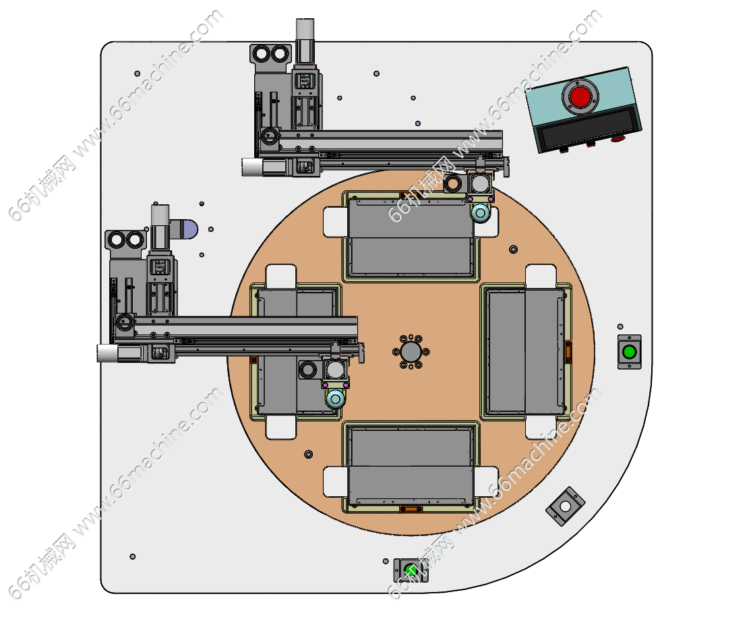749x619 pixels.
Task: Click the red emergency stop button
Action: pos(580,97)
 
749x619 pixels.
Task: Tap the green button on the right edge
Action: pos(629,352)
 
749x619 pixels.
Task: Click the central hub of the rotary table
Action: pos(411,352)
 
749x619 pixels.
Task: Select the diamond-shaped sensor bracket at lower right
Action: pos(566,506)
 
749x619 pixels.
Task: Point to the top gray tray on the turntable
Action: pos(411,237)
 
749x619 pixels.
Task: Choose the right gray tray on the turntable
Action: pos(525,351)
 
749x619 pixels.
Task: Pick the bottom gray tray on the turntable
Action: pos(411,467)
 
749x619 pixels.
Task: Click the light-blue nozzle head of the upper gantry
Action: pos(480,213)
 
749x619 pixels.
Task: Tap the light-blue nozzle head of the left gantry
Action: pos(335,399)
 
